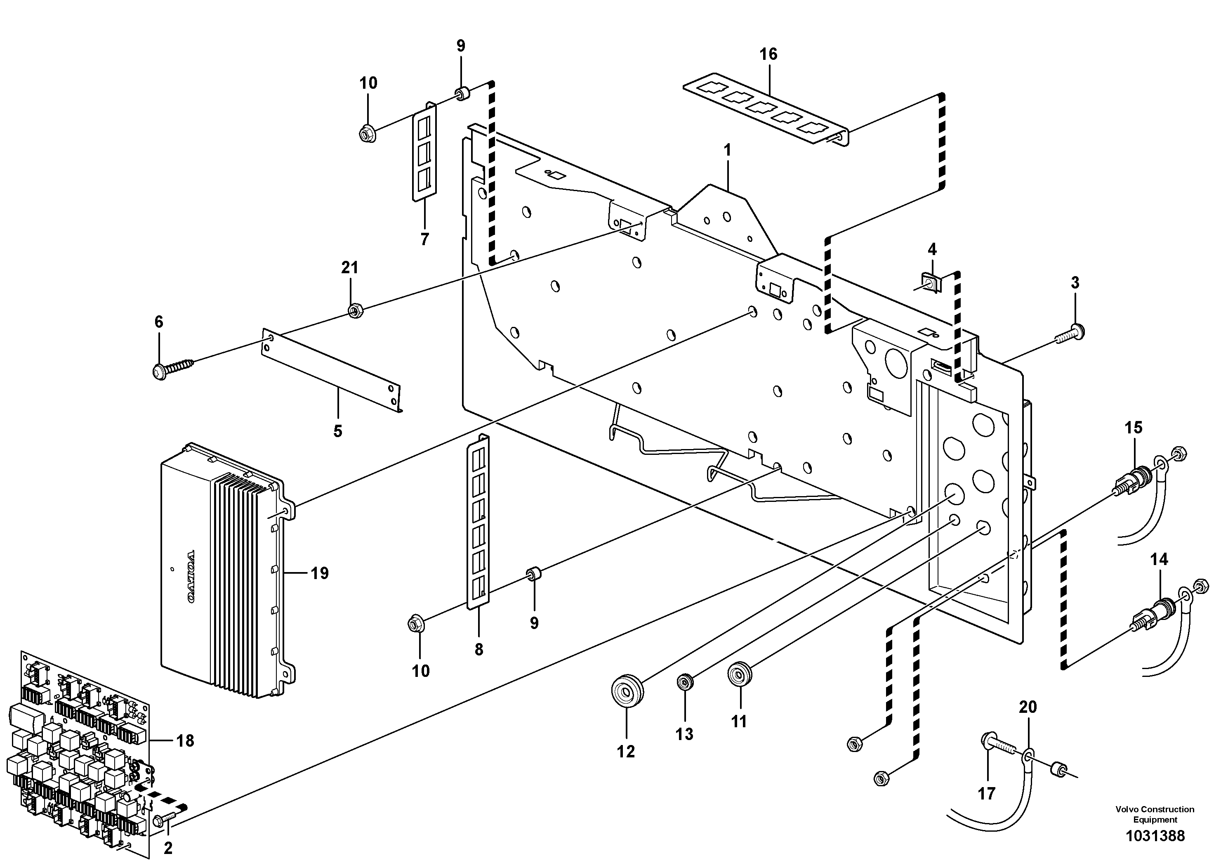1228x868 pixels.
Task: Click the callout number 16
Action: click(x=768, y=54)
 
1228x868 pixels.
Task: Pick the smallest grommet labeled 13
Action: click(x=685, y=682)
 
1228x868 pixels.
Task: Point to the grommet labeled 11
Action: click(x=739, y=673)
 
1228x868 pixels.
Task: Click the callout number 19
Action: click(x=319, y=574)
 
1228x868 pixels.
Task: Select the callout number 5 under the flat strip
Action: click(x=337, y=431)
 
